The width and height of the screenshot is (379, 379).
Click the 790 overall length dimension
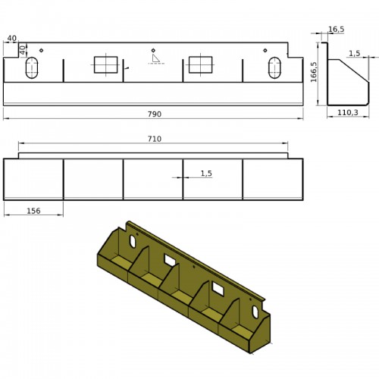(x=155, y=114)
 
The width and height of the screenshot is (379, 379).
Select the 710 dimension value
(x=155, y=139)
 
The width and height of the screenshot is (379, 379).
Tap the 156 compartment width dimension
(x=33, y=211)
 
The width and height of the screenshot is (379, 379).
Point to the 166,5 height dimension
(x=314, y=72)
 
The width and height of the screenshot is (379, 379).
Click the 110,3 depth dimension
(x=348, y=112)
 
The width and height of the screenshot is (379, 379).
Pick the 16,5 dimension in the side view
(x=336, y=30)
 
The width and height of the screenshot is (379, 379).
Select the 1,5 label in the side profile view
(x=355, y=53)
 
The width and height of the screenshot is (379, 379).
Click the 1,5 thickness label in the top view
(x=206, y=174)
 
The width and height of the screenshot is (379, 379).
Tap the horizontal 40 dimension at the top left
(x=11, y=38)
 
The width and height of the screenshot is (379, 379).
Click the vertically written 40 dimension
(x=23, y=50)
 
